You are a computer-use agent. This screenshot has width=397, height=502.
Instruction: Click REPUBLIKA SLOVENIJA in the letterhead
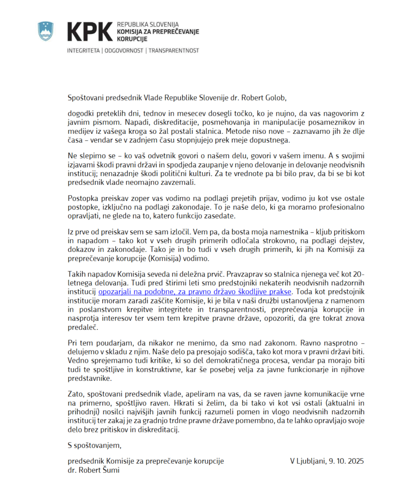click(x=148, y=24)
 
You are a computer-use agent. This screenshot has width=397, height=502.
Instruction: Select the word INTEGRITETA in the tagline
click(x=84, y=50)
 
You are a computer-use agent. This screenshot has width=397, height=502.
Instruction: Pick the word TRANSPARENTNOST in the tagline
click(x=174, y=50)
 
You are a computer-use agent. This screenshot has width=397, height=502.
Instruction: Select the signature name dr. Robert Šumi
click(x=94, y=470)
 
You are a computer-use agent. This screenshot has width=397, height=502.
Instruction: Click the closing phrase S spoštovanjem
click(x=94, y=446)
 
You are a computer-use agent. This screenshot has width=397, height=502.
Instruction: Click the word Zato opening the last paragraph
click(x=76, y=393)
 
